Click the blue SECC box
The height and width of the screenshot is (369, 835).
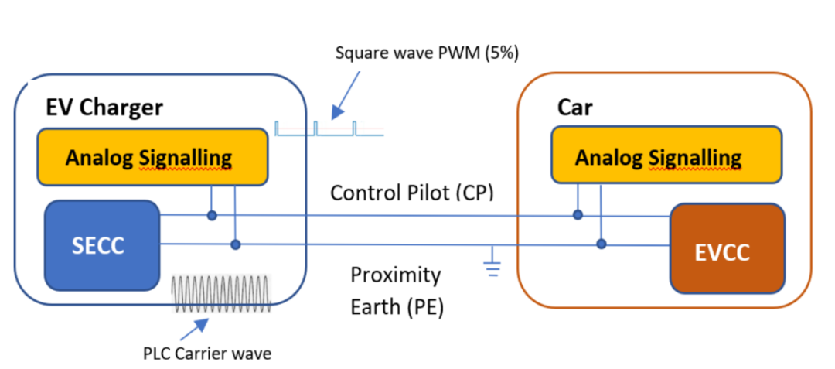click(102, 245)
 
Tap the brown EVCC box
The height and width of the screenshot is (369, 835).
click(727, 248)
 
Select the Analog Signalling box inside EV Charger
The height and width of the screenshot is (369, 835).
click(152, 157)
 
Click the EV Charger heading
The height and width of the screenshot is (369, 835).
click(104, 108)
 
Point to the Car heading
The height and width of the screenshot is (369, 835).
click(574, 108)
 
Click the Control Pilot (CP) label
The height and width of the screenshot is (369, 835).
click(412, 193)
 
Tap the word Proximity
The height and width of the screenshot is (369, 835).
click(396, 276)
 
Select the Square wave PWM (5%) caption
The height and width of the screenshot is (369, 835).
click(427, 54)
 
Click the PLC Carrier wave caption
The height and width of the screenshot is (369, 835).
click(208, 353)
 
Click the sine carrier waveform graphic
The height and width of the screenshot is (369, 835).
click(222, 293)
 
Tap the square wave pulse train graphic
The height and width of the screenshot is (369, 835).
click(329, 129)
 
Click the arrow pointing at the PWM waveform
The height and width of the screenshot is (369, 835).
click(346, 94)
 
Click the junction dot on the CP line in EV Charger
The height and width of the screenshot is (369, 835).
click(212, 216)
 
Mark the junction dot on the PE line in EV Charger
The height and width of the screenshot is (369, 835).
click(235, 244)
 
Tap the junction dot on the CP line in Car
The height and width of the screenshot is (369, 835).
click(578, 215)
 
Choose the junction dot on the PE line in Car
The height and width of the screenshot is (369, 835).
click(602, 244)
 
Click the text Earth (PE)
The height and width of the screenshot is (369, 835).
click(397, 308)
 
